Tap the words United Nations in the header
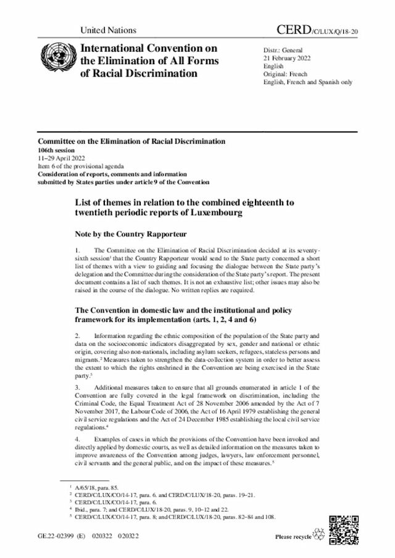point(108,30)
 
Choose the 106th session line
point(56,150)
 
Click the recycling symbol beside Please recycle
point(319,535)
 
